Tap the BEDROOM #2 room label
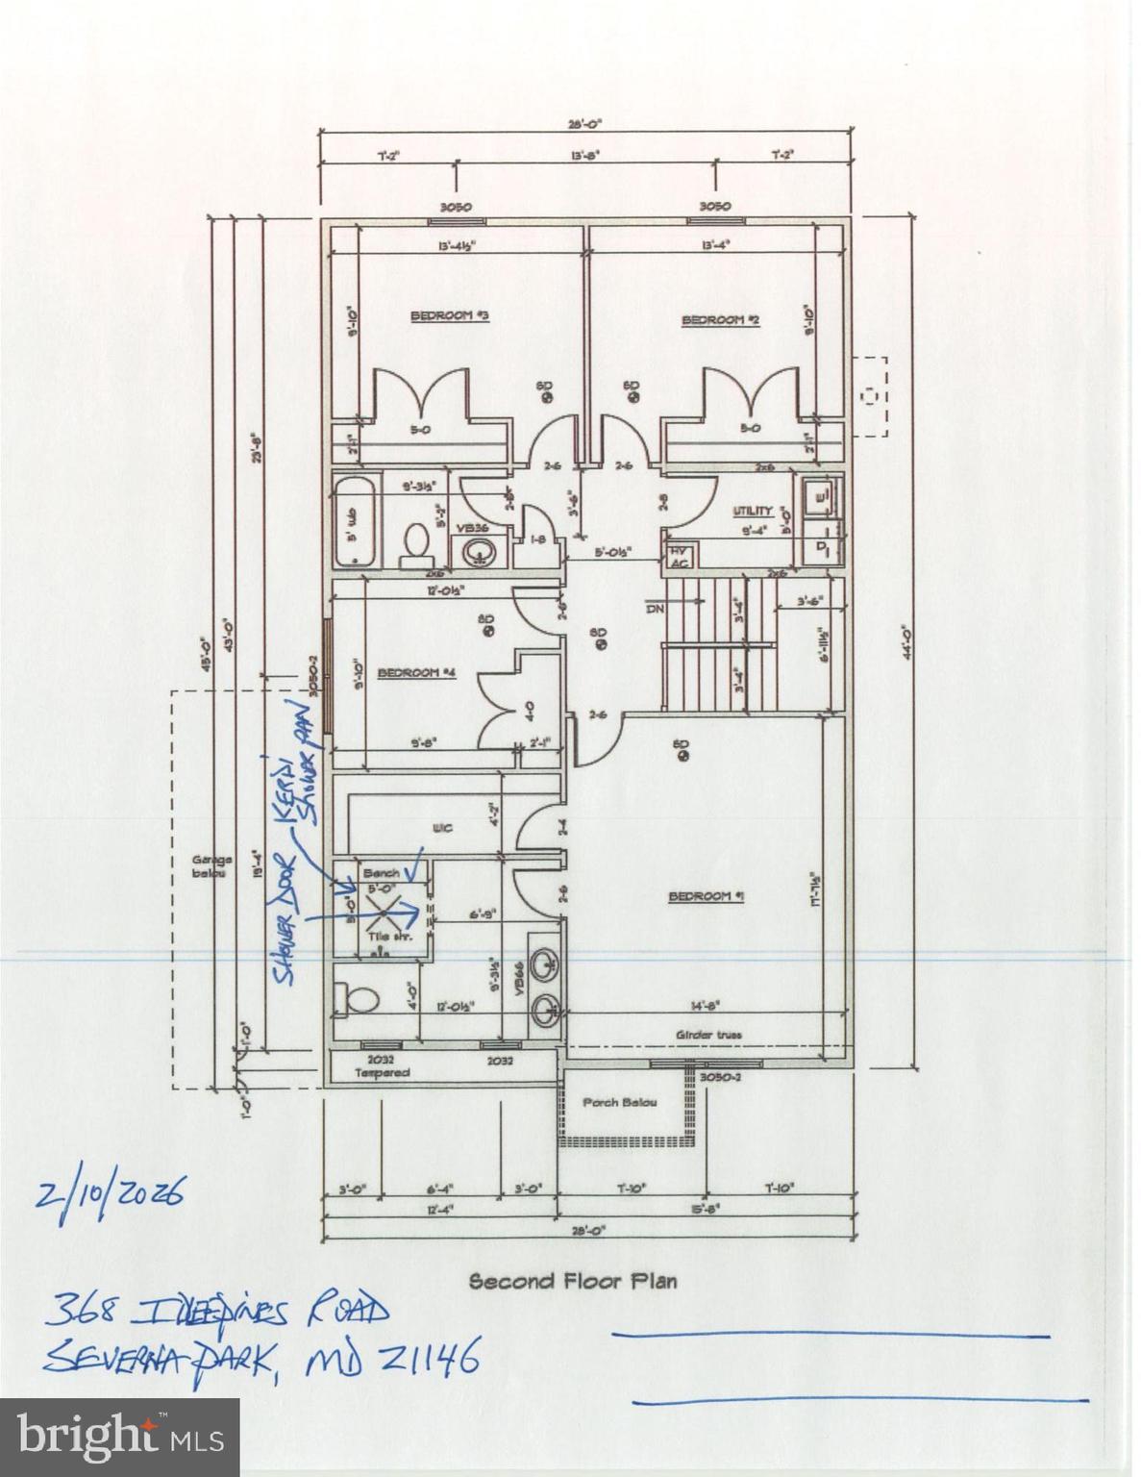click(720, 320)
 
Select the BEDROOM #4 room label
click(415, 672)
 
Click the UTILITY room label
click(753, 511)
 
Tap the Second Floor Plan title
click(572, 1281)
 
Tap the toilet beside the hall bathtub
click(416, 541)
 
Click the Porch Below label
click(620, 1102)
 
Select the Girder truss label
click(708, 1035)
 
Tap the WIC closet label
click(442, 827)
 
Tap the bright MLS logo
click(119, 1438)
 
